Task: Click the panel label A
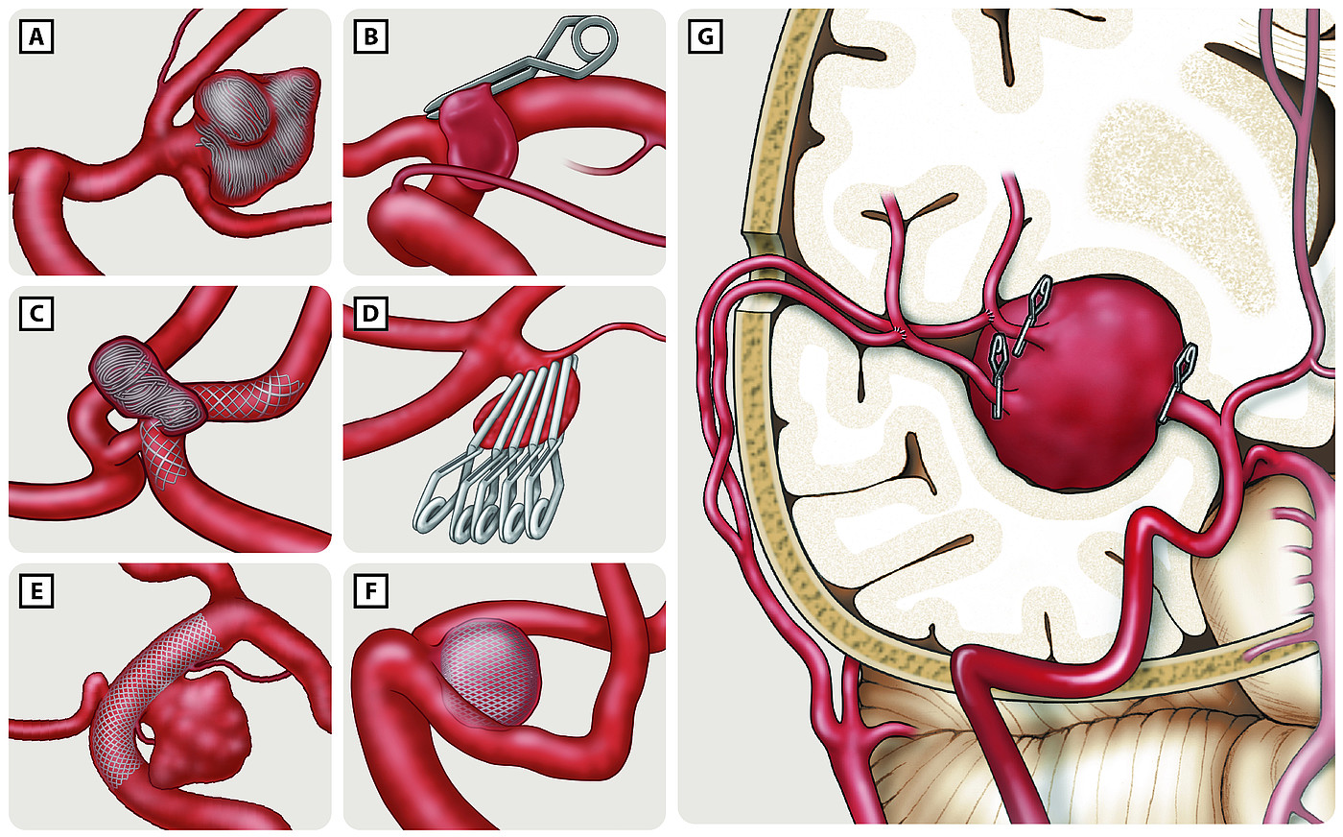click(36, 36)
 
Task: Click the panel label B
click(370, 36)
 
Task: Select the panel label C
click(36, 313)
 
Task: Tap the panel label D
click(370, 313)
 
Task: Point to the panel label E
click(36, 591)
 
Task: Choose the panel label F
click(370, 591)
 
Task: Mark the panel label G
click(705, 36)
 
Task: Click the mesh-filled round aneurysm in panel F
click(488, 673)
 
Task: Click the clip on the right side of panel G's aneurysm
click(1178, 382)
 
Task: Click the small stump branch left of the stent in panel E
click(94, 689)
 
